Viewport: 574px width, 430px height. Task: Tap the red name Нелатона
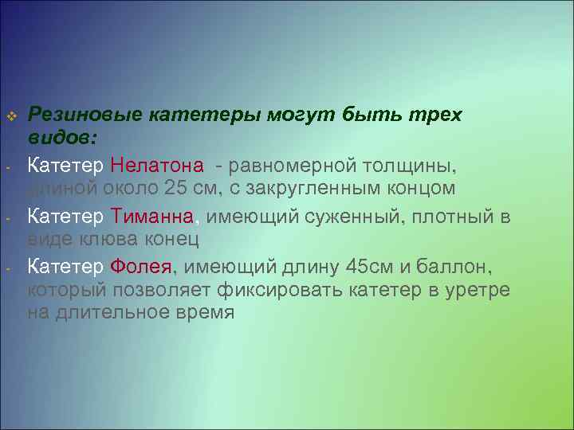[157, 165]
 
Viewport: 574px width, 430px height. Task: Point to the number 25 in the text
[175, 190]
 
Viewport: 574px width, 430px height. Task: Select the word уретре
[475, 289]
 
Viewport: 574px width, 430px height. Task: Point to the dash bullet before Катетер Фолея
[6, 268]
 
